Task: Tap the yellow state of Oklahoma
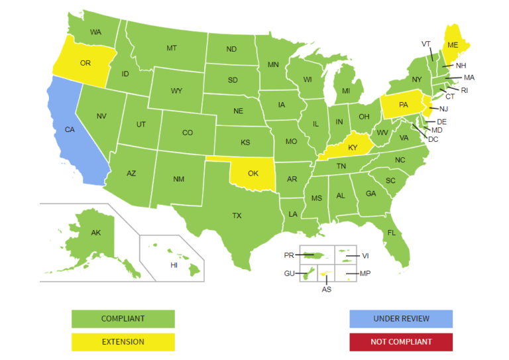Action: tap(253, 173)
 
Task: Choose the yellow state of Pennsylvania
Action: tap(403, 105)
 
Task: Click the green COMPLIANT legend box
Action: tap(123, 319)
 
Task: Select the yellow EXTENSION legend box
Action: tap(123, 342)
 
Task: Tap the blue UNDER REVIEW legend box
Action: tap(401, 319)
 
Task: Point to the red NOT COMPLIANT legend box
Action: tap(401, 342)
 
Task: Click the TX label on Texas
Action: tap(237, 215)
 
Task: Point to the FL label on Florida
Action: tap(392, 233)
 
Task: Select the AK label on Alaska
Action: tap(96, 233)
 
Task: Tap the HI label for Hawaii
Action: tap(174, 265)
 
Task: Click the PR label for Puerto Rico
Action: tap(288, 255)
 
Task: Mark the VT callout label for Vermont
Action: tap(426, 44)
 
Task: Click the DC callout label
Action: tap(433, 139)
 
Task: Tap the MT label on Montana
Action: tap(172, 48)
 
